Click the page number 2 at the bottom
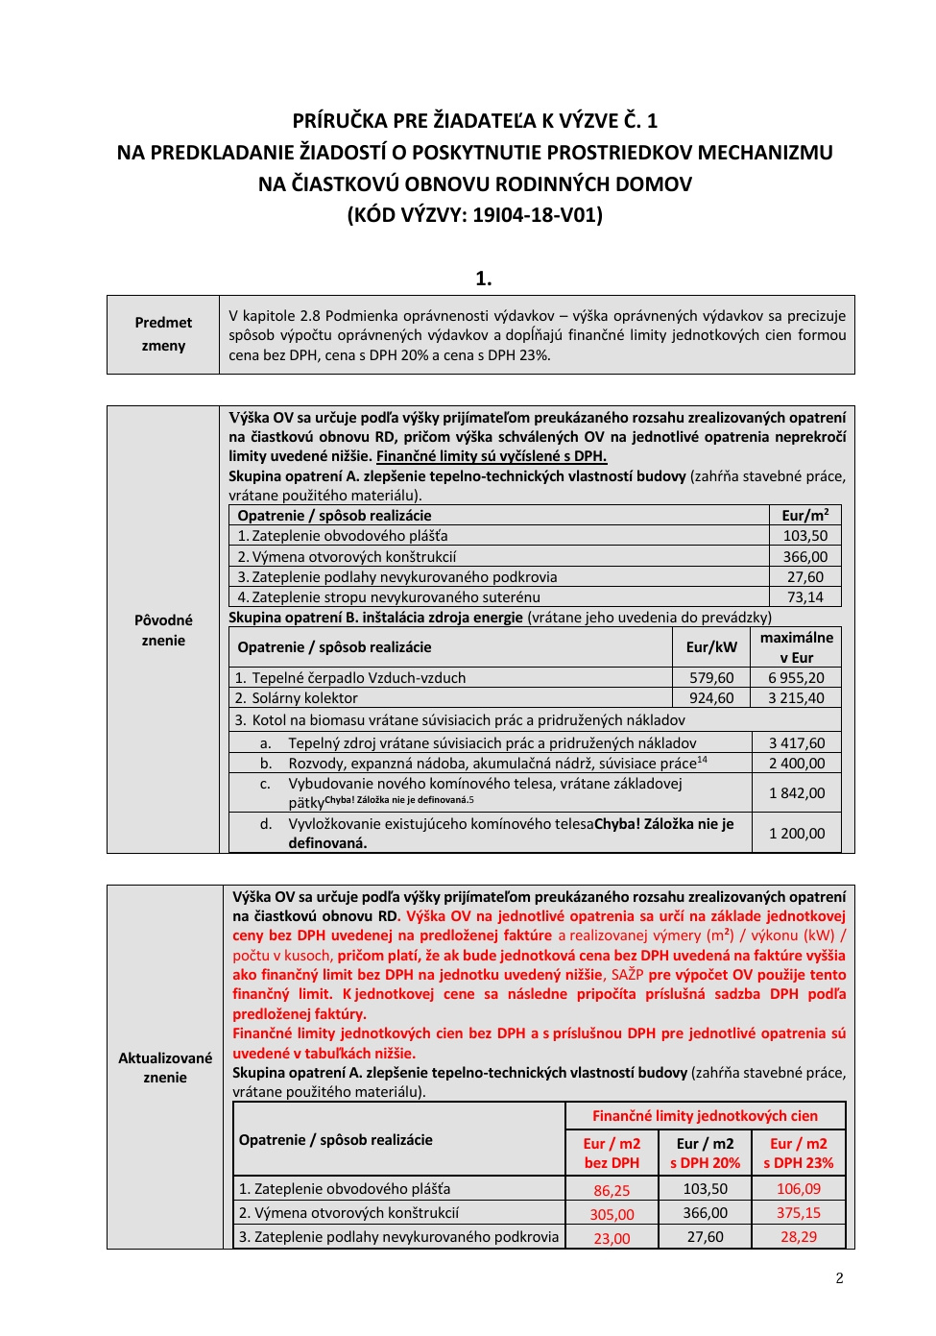point(839,1277)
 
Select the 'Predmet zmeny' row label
point(163,334)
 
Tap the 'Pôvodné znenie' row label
point(163,630)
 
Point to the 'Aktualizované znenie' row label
point(165,1067)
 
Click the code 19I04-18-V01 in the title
point(536,215)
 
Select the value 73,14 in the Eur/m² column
point(804,597)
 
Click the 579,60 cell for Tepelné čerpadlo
point(711,678)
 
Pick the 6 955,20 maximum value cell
point(796,678)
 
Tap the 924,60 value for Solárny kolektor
point(711,698)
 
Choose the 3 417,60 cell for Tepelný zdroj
point(797,742)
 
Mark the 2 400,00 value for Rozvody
point(797,764)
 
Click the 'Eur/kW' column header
point(711,647)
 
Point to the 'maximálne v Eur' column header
point(796,647)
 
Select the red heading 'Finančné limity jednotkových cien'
point(705,1116)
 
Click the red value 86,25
point(612,1190)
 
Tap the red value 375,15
point(799,1213)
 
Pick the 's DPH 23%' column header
point(799,1154)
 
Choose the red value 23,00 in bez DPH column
point(612,1238)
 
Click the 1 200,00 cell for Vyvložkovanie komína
point(797,834)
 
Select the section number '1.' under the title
point(483,279)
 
